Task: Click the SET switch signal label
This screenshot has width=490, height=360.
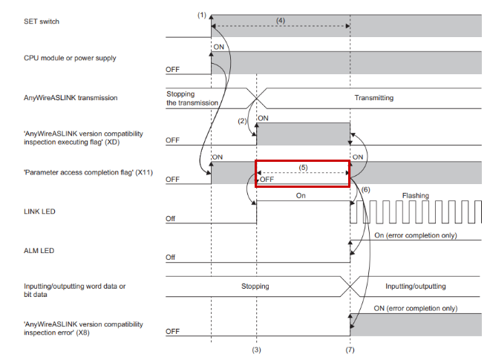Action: coord(42,22)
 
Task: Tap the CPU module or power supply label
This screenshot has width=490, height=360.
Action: coord(70,58)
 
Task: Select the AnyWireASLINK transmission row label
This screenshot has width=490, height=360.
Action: coord(71,98)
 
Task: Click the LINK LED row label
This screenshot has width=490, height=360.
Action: coord(39,212)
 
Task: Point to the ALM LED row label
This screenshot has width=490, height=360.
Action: coord(39,251)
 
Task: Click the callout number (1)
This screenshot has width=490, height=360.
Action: coord(202,15)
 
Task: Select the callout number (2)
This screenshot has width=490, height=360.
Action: coord(242,121)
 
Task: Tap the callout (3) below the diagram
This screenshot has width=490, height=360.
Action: coord(257,350)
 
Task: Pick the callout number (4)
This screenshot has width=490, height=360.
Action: coord(281,20)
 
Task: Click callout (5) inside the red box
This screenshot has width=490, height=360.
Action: coord(303,167)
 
